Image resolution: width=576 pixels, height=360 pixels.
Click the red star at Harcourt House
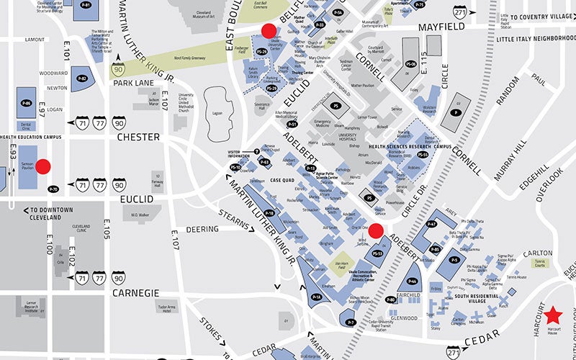click(553, 315)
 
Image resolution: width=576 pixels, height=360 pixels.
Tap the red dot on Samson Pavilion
click(43, 167)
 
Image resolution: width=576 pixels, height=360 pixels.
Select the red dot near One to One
click(376, 230)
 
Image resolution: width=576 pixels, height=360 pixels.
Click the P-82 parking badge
click(82, 78)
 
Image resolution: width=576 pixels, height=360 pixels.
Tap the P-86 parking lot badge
click(27, 104)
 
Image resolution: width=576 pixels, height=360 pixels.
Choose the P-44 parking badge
click(413, 282)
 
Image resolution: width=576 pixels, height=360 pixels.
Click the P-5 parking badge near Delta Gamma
click(454, 259)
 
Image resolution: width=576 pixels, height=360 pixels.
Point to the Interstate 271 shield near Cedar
click(453, 352)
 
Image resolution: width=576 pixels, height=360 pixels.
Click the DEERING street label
click(202, 229)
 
